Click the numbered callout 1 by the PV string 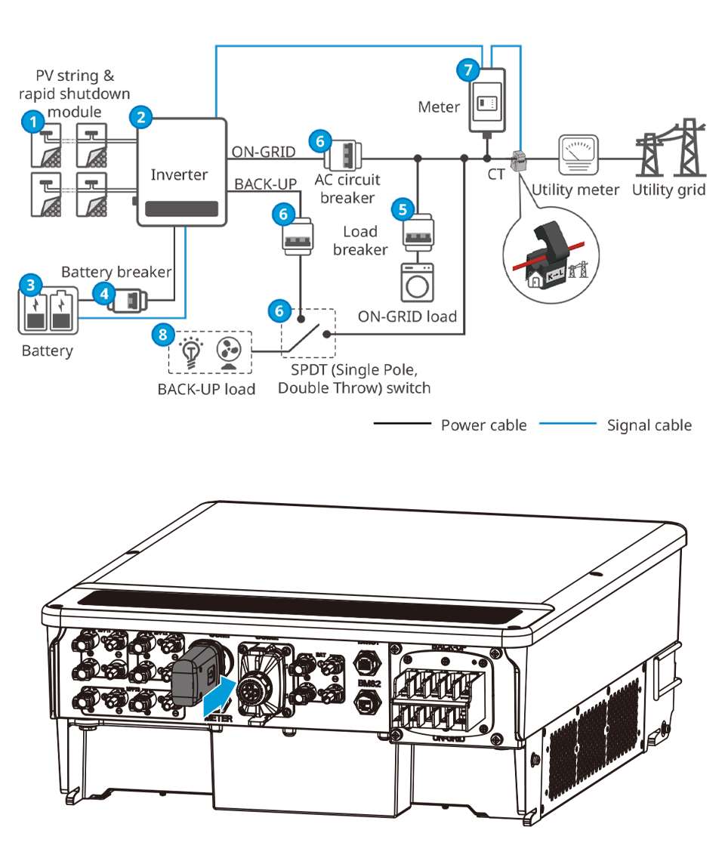[30, 120]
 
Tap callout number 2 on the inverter [140, 116]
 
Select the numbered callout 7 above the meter [467, 70]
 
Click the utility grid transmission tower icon [668, 147]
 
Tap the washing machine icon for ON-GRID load [416, 280]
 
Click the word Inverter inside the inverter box [179, 174]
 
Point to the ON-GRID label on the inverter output [261, 151]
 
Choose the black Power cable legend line [402, 424]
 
